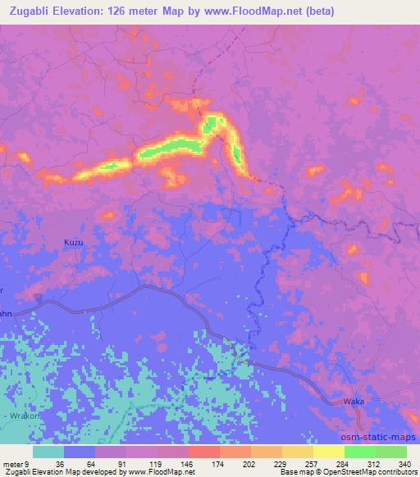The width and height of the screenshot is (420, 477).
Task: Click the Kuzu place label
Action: click(74, 243)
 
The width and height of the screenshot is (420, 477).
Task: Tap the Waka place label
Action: click(354, 401)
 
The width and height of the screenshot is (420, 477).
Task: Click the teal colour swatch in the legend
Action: click(48, 452)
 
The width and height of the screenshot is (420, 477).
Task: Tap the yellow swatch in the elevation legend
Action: click(329, 452)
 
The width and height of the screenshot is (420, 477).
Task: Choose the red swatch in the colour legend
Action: click(204, 452)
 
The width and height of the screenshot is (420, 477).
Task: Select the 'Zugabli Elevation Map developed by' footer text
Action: click(56, 471)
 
